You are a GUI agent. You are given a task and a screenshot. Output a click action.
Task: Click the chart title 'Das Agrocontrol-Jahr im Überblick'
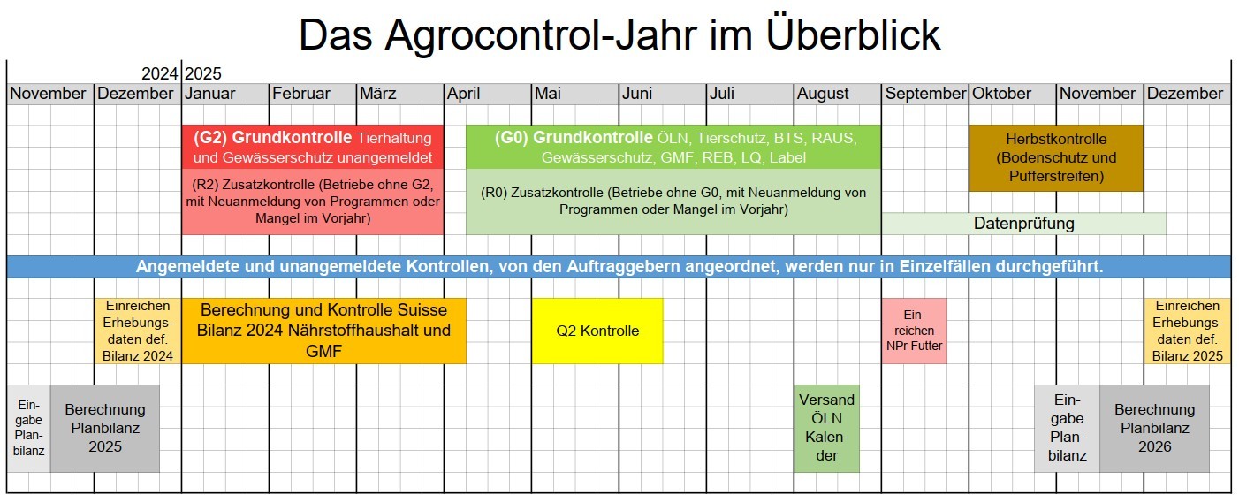pyautogui.click(x=619, y=34)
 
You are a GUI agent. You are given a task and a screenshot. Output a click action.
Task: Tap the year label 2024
pyautogui.click(x=160, y=73)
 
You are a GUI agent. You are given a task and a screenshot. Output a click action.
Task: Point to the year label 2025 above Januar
pyautogui.click(x=203, y=73)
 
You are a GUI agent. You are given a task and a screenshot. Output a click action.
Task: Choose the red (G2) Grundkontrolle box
pyautogui.click(x=313, y=147)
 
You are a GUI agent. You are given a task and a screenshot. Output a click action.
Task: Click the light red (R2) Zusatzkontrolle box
pyautogui.click(x=313, y=202)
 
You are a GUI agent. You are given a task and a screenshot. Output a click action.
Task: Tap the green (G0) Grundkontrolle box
pyautogui.click(x=673, y=147)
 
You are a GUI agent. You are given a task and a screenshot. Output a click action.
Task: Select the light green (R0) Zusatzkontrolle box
pyautogui.click(x=673, y=202)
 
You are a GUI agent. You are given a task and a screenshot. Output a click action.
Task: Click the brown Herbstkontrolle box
pyautogui.click(x=1056, y=158)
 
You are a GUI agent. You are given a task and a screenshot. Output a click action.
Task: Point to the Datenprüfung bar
pyautogui.click(x=1023, y=224)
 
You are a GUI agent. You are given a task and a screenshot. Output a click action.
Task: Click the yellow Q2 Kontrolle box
pyautogui.click(x=597, y=331)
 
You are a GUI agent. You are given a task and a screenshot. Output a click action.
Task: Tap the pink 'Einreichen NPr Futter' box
pyautogui.click(x=915, y=331)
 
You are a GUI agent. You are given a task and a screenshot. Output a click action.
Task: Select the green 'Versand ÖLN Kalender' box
pyautogui.click(x=826, y=429)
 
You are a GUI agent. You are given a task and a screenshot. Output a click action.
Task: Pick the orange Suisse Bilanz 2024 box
pyautogui.click(x=323, y=331)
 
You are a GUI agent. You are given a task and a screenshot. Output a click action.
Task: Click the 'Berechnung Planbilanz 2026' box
pyautogui.click(x=1154, y=429)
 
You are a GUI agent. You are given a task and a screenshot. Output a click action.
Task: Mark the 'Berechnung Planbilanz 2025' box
pyautogui.click(x=105, y=429)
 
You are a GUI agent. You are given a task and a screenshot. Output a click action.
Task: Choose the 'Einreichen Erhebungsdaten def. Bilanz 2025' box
pyautogui.click(x=1187, y=331)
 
